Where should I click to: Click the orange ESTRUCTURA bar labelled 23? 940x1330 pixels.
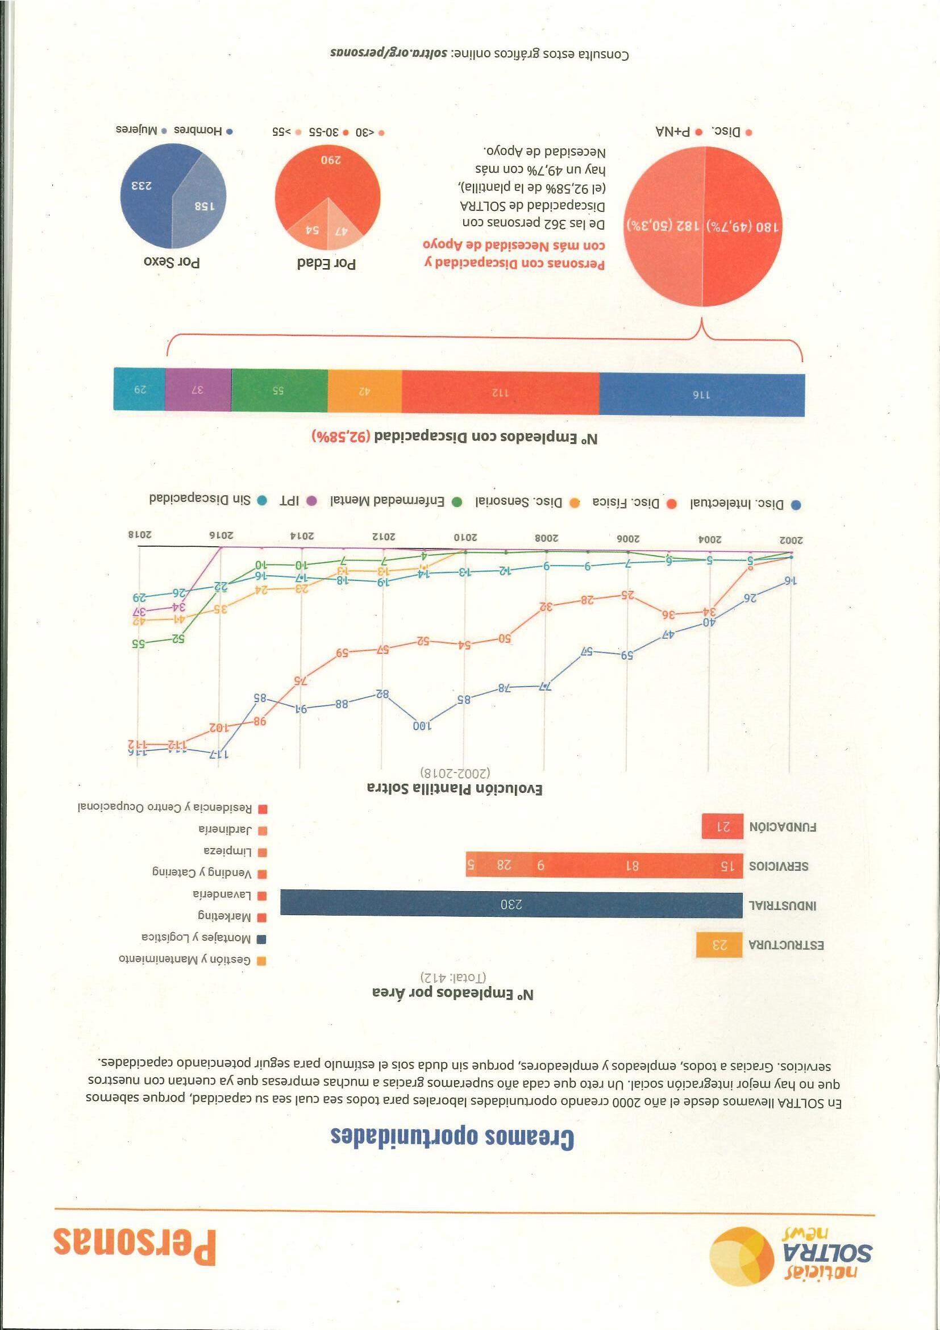point(719,945)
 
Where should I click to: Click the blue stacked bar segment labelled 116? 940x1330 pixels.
point(701,394)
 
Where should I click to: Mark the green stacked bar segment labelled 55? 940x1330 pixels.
point(279,390)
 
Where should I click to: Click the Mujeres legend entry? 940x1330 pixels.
point(139,131)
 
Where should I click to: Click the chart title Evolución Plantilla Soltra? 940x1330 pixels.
point(455,788)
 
